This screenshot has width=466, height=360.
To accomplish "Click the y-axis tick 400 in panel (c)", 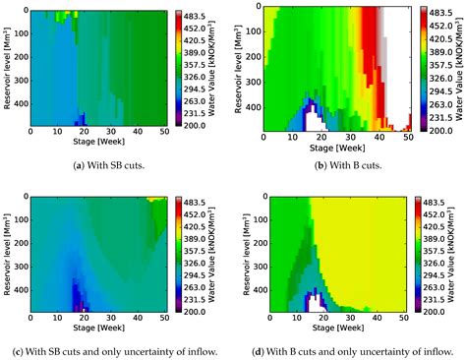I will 20,291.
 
